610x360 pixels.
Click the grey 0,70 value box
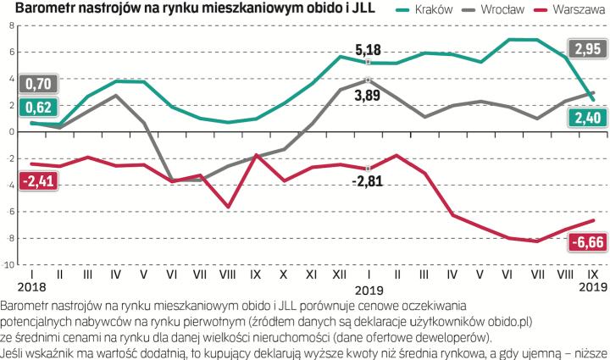coord(38,84)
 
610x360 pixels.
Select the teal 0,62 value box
coord(38,108)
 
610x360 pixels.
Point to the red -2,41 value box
coord(38,180)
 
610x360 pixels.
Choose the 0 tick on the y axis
coord(12,131)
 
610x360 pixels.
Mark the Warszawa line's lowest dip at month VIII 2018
coord(227,207)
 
